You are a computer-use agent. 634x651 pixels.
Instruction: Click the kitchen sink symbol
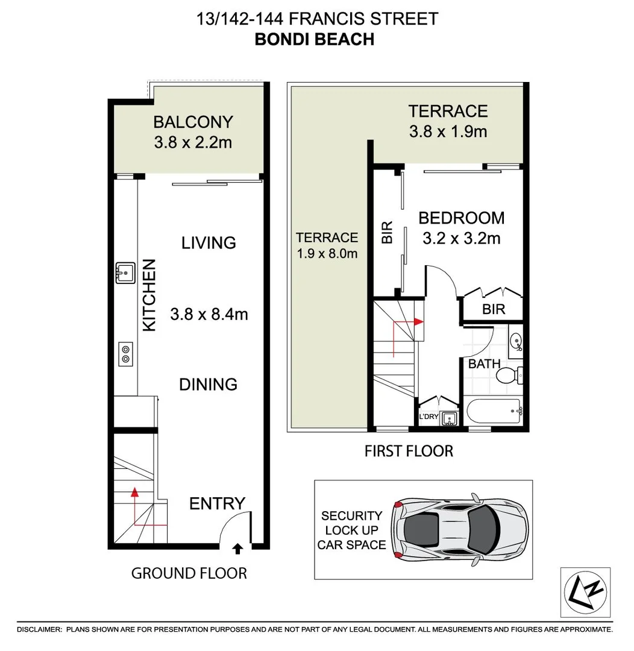point(125,272)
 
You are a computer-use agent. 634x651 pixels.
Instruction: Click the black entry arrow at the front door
point(238,548)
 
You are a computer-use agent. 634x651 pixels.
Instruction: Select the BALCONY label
point(193,122)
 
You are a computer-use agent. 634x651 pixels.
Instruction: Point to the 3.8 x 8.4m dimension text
point(209,314)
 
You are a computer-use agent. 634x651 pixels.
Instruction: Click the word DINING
point(208,385)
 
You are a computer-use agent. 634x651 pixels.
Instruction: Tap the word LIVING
point(209,243)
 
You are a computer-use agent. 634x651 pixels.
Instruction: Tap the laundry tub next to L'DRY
point(448,418)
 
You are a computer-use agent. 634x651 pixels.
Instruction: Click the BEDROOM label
point(462,218)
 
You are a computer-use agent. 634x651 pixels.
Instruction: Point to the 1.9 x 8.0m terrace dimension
point(327,254)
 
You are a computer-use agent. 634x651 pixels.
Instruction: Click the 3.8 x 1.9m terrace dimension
point(448,131)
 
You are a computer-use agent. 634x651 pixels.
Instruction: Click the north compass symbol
point(585,592)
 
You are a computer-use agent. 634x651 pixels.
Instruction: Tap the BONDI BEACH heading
point(315,39)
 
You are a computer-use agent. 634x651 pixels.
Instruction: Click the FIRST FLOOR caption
point(409,451)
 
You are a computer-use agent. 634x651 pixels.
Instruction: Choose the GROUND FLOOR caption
point(189,573)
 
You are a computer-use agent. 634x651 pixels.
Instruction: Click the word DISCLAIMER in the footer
point(39,629)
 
